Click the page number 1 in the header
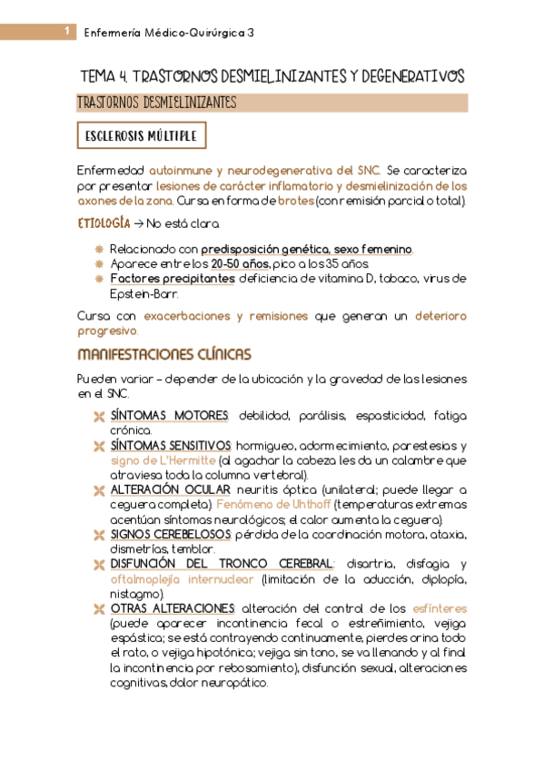click(x=68, y=32)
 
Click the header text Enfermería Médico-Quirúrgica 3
click(x=169, y=33)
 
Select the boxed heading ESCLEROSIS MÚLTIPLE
click(x=141, y=136)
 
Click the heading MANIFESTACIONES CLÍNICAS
click(x=164, y=353)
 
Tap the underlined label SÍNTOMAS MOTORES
click(x=169, y=416)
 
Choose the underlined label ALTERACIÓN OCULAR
click(x=170, y=490)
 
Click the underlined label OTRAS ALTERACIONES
click(x=172, y=608)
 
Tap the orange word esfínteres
click(x=437, y=608)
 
